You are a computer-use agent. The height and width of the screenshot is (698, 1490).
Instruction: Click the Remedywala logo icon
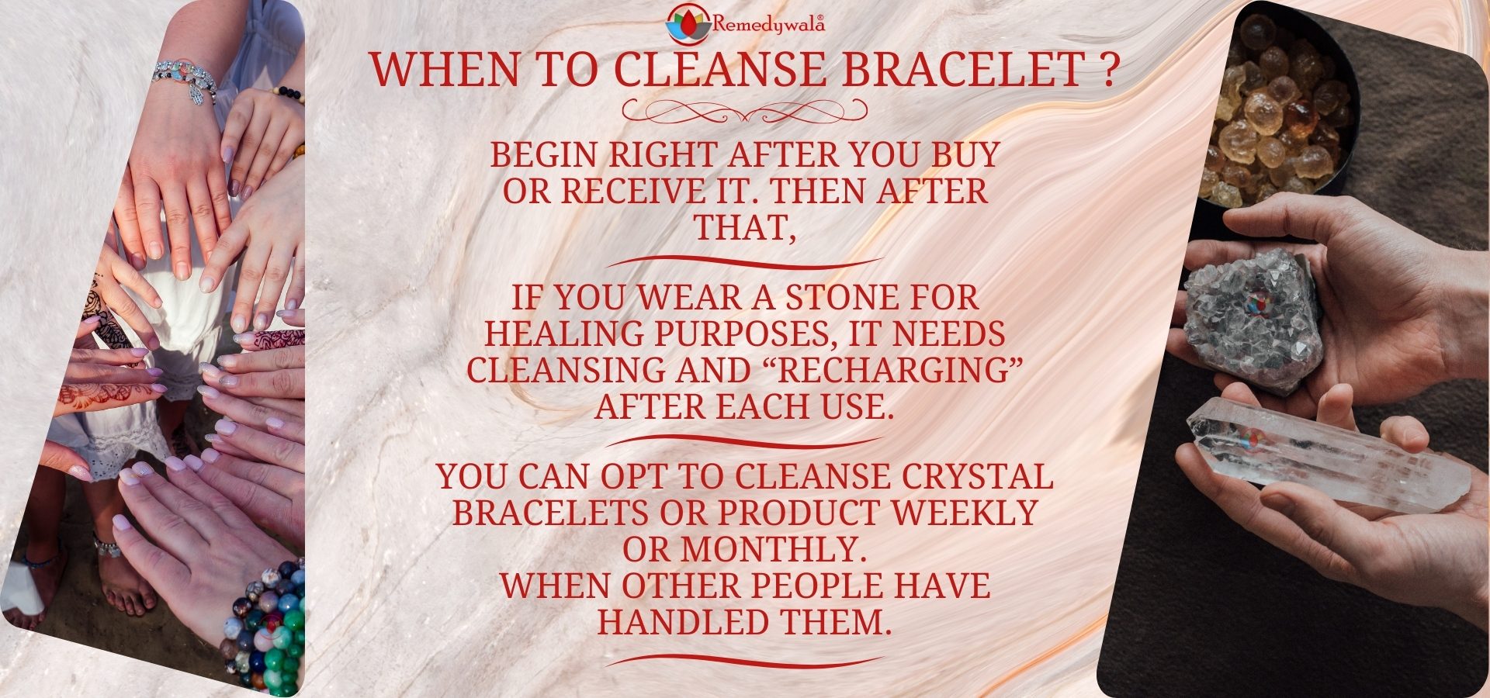click(x=682, y=23)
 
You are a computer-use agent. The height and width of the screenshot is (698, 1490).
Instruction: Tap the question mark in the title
click(x=1109, y=69)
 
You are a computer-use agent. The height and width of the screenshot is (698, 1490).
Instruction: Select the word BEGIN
click(x=545, y=155)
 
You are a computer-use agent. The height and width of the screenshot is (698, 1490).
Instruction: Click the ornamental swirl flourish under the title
click(x=745, y=112)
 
